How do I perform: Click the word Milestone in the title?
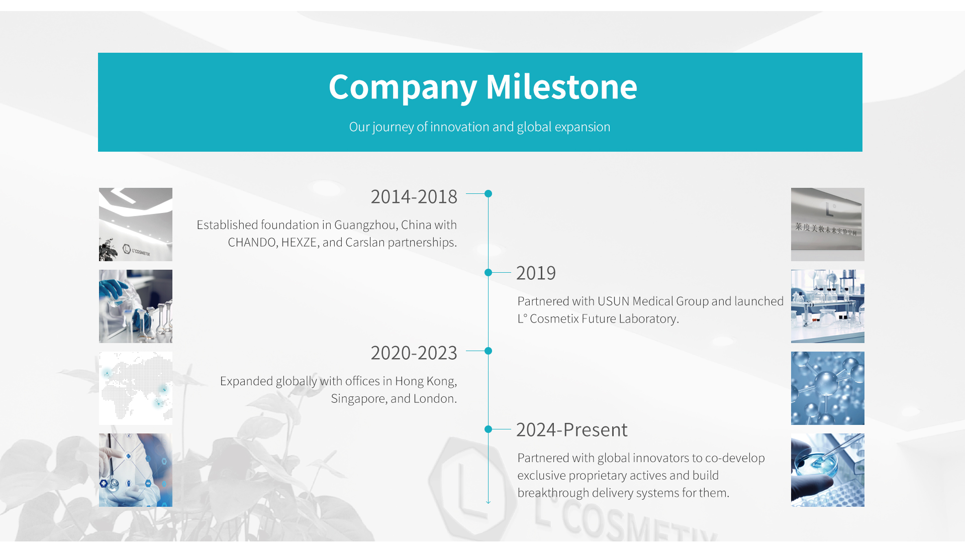click(x=561, y=87)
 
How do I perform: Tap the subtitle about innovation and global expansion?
click(x=479, y=127)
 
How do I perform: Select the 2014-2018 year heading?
click(x=414, y=196)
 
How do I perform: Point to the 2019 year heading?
click(x=536, y=273)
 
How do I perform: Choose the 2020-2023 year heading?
click(x=414, y=353)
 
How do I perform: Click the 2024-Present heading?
click(x=572, y=429)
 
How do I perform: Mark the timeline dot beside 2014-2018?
click(x=488, y=193)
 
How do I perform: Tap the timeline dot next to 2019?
click(x=488, y=272)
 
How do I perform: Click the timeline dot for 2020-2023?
click(x=488, y=351)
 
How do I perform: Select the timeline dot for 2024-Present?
click(x=488, y=429)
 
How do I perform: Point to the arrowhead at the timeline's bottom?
click(x=488, y=502)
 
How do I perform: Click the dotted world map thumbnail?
click(x=136, y=388)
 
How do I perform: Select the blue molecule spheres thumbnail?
click(x=828, y=388)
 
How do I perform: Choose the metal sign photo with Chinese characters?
click(x=828, y=225)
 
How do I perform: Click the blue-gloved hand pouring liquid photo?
click(x=136, y=306)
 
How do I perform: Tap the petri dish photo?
click(x=828, y=470)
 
